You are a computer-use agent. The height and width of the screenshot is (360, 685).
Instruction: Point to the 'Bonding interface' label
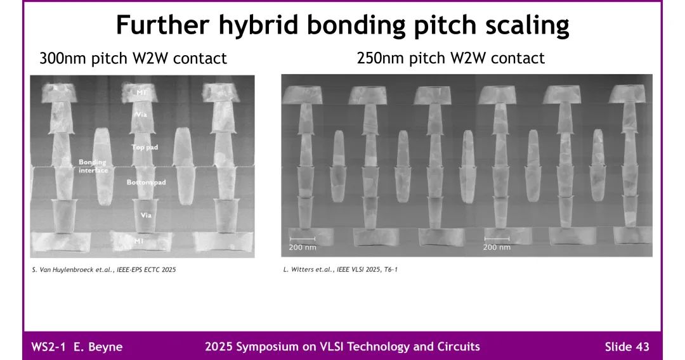tap(93, 166)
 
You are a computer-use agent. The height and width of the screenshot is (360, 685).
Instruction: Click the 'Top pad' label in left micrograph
tap(145, 147)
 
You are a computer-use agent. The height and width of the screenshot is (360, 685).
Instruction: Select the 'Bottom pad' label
tap(147, 182)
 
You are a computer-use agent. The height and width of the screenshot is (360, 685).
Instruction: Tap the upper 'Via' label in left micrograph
tap(141, 114)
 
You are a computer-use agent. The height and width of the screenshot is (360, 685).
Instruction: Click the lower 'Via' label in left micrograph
tap(146, 215)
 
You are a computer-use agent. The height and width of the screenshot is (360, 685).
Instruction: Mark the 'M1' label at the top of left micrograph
tap(141, 93)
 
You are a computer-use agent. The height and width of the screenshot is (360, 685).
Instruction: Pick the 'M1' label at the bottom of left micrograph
tap(138, 241)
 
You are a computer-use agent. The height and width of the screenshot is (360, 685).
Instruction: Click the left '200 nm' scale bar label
tap(303, 247)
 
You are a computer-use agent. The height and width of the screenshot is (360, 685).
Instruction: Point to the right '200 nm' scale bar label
tap(497, 247)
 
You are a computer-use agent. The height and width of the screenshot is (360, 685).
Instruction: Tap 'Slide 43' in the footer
tap(627, 347)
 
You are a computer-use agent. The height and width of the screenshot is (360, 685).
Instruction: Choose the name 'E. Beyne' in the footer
tap(98, 347)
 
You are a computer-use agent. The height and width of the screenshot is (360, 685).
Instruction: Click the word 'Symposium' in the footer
tap(267, 347)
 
